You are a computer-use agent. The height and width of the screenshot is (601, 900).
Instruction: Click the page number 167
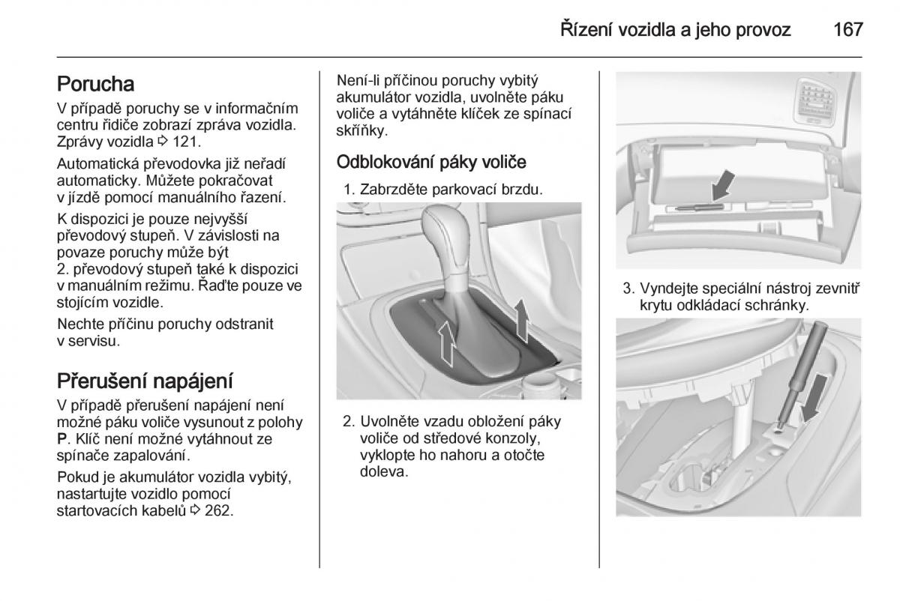tap(847, 30)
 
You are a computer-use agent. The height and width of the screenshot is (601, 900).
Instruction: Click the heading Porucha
tap(95, 84)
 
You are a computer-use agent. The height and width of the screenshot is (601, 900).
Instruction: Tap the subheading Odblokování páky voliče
tap(431, 162)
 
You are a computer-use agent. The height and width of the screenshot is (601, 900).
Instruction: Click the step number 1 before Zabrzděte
tap(348, 190)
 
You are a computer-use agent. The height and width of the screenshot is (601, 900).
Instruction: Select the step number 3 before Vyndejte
tap(627, 289)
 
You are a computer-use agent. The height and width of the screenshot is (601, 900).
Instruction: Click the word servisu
tap(95, 341)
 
